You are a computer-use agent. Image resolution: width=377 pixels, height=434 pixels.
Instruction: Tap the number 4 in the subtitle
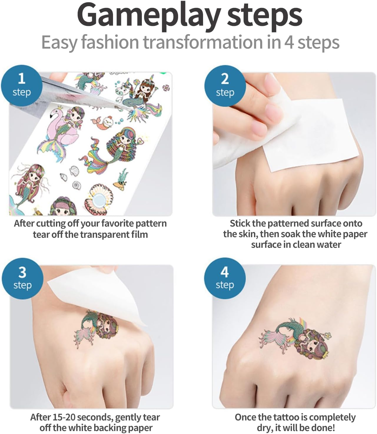point(289,42)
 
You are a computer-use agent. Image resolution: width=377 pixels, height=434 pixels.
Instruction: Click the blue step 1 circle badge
point(21,85)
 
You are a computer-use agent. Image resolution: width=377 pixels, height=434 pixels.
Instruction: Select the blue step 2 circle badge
point(225,86)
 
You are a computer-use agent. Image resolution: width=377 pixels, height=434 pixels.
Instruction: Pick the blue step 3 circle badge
point(22,278)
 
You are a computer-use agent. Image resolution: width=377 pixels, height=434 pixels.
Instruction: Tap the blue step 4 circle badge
point(225,278)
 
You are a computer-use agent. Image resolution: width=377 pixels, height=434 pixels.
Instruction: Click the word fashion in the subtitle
point(110,42)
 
